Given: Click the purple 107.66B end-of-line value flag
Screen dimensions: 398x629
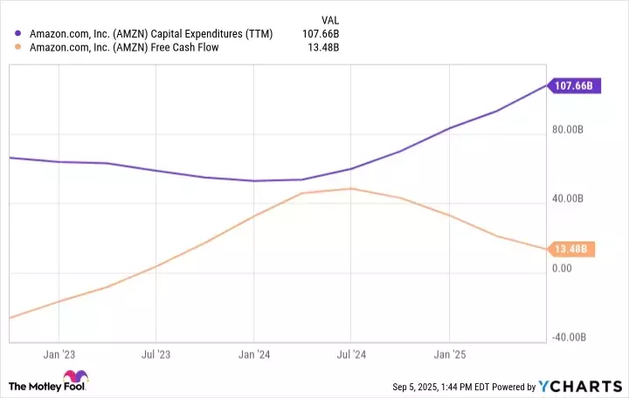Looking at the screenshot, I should coord(575,86).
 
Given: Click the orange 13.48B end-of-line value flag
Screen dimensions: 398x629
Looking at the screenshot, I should coord(573,250).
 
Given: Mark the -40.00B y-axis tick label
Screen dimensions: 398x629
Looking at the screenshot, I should coord(573,338).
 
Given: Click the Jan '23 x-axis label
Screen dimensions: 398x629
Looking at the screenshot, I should coord(59,354).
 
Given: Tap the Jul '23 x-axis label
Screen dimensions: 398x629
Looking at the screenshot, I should coord(156,354).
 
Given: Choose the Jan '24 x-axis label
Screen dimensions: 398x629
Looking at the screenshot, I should coord(253,354).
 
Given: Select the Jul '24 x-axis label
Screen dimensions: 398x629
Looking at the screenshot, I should coord(350,354).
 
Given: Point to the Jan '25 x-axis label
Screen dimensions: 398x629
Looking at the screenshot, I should coord(448,354).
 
